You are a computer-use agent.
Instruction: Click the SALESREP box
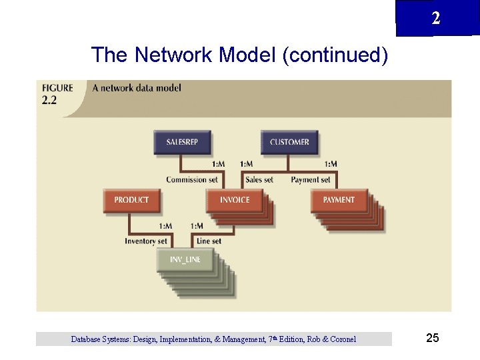[x=181, y=142]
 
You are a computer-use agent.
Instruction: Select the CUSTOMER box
[x=289, y=142]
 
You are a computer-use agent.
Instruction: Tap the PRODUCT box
[x=131, y=200]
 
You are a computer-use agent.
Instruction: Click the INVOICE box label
[x=235, y=200]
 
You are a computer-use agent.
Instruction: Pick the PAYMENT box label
[x=339, y=200]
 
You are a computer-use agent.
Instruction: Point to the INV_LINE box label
[x=185, y=260]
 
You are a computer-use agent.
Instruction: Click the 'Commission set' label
[x=192, y=180]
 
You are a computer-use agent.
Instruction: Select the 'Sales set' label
[x=259, y=180]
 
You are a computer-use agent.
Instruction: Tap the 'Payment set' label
[x=311, y=180]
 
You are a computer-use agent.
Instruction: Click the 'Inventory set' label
[x=145, y=241]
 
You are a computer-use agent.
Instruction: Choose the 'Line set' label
[x=209, y=241]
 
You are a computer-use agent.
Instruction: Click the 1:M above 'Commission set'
[x=218, y=164]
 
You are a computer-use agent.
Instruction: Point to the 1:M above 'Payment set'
[x=331, y=164]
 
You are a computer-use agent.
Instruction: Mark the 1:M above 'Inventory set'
[x=166, y=226]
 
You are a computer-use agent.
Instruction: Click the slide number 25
[x=432, y=339]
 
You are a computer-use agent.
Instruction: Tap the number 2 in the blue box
[x=435, y=19]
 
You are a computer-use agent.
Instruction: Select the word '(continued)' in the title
[x=335, y=55]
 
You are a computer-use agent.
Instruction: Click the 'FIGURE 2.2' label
[x=57, y=94]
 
